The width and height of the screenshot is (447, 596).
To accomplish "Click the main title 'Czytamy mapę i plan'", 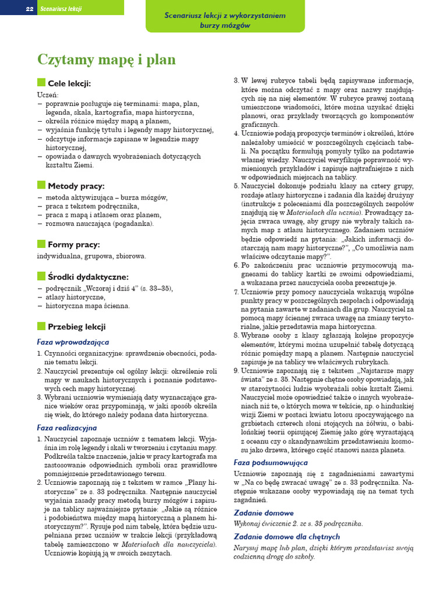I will pos(106,60).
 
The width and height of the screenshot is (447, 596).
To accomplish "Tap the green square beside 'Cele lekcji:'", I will pos(41,83).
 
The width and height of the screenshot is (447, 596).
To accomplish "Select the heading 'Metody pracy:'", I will pos(76,186).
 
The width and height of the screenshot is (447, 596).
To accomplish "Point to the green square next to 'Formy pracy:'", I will pos(41,244).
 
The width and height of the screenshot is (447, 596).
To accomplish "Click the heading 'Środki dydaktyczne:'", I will pos(88,276).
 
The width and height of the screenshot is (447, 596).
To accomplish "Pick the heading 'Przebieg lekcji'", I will pos(77,327).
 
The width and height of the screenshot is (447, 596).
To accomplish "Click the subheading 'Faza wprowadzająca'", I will pos(73,342).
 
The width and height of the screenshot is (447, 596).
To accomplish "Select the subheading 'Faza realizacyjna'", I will pos(67,428).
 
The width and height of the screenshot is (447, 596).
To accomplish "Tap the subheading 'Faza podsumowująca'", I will pos(271,462).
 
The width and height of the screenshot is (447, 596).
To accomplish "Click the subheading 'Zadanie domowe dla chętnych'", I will pos(287,536).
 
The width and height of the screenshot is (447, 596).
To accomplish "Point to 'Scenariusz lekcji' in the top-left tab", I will pos(61,9).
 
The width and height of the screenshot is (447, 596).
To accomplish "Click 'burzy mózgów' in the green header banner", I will pos(225,26).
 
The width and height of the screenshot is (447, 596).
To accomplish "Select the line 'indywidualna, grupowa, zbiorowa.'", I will pos(91,256).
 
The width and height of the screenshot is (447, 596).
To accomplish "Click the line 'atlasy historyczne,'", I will pos(75,297).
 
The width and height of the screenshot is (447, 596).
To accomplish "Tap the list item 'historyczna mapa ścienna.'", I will pos(87,306).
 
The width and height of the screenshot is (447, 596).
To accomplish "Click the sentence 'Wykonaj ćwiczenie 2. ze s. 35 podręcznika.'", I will pos(298,523).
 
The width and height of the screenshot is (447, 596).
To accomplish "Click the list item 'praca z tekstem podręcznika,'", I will pos(92,206).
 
